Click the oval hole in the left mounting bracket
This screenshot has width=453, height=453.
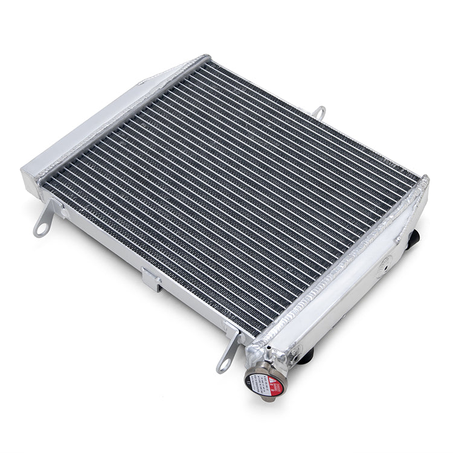pyautogui.click(x=42, y=229)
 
